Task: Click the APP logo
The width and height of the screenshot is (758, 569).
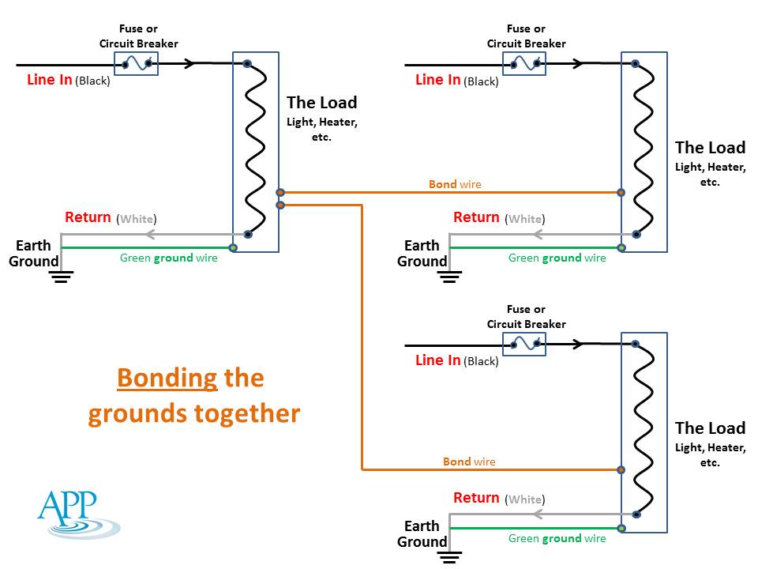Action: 77,515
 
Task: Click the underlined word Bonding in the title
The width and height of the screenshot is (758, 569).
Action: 167,378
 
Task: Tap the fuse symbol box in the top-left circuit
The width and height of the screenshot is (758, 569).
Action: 137,63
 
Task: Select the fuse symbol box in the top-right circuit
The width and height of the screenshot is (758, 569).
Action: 525,63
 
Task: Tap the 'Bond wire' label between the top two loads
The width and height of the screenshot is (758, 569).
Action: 455,184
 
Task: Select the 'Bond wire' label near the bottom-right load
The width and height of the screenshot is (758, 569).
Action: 469,462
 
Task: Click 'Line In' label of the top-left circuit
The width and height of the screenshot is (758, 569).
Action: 50,80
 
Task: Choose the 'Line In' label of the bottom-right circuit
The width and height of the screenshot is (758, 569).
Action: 438,360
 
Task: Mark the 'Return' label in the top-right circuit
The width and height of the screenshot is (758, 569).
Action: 476,217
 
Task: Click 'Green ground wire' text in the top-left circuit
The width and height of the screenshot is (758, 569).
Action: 168,258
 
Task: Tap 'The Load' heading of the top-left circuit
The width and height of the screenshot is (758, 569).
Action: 321,103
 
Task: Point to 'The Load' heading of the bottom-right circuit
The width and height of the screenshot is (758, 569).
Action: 710,428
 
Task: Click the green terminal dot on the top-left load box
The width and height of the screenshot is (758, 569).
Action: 233,248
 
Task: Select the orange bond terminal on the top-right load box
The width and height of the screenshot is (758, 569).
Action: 621,192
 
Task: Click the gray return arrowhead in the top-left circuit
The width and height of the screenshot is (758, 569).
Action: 148,234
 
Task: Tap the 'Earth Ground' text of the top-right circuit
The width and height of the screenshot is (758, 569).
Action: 422,254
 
